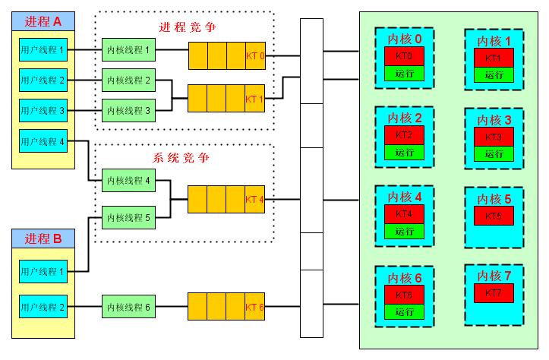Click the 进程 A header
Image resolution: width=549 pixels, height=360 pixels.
pyautogui.click(x=43, y=20)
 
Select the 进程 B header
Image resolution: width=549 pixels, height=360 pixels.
pyautogui.click(x=43, y=239)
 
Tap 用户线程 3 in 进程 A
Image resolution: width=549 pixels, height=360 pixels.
pyautogui.click(x=43, y=110)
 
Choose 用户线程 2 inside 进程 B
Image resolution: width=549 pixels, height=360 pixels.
pyautogui.click(x=43, y=308)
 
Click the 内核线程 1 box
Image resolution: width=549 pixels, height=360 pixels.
pyautogui.click(x=128, y=52)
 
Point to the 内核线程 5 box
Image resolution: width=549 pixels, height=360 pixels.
pyautogui.click(x=128, y=218)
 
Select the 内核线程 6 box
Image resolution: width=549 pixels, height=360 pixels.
pyautogui.click(x=128, y=308)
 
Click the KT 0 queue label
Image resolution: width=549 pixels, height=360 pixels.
pyautogui.click(x=255, y=55)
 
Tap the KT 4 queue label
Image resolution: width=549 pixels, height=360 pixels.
pyautogui.click(x=255, y=200)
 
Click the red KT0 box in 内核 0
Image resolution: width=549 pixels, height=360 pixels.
pyautogui.click(x=404, y=57)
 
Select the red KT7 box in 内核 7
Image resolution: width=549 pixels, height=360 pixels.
pyautogui.click(x=494, y=292)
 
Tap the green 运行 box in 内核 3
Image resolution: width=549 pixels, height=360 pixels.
pyautogui.click(x=494, y=154)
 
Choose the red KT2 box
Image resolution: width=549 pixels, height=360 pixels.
pyautogui.click(x=404, y=135)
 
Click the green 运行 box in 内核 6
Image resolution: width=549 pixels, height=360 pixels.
pyautogui.click(x=404, y=311)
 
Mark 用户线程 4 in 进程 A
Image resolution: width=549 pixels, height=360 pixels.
pyautogui.click(x=43, y=141)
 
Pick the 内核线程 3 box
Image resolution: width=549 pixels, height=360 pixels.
pyautogui.click(x=128, y=110)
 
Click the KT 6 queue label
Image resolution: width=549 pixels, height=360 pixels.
pyautogui.click(x=255, y=308)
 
